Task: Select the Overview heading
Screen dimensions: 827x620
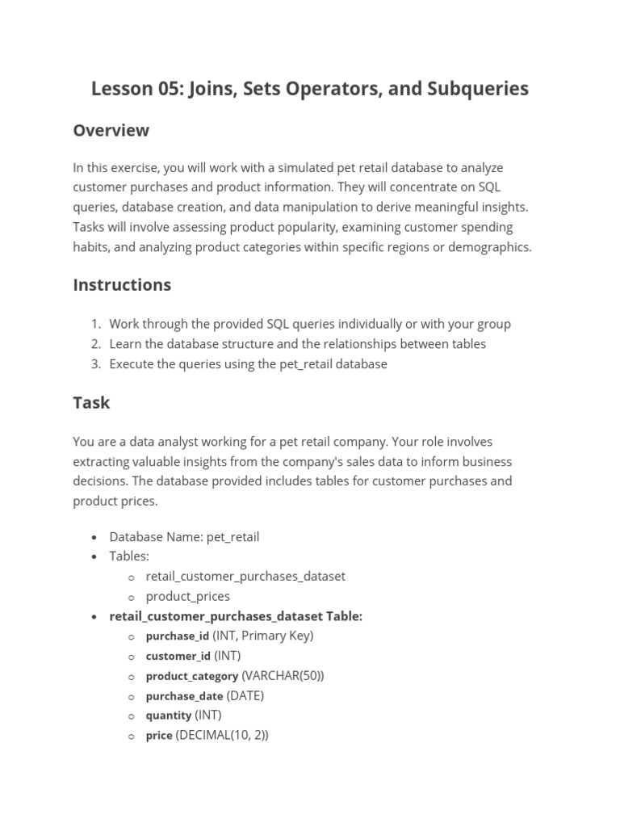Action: pyautogui.click(x=111, y=130)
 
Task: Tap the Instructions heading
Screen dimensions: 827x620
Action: pyautogui.click(x=122, y=284)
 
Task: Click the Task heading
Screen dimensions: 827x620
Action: pyautogui.click(x=91, y=402)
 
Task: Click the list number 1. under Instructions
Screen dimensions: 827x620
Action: pyautogui.click(x=95, y=324)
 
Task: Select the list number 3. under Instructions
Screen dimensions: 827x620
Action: pyautogui.click(x=95, y=363)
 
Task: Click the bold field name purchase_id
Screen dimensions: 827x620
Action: pyautogui.click(x=177, y=636)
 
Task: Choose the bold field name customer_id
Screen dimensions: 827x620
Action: pyautogui.click(x=178, y=656)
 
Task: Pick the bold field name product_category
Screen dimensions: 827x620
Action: pyautogui.click(x=191, y=676)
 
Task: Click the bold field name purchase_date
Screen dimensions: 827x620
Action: pyautogui.click(x=184, y=696)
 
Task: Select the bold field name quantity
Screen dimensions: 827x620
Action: pyautogui.click(x=168, y=716)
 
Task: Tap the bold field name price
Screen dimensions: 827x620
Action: pyautogui.click(x=159, y=736)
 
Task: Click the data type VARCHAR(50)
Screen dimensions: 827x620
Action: pyautogui.click(x=283, y=675)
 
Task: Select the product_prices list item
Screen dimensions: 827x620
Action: pyautogui.click(x=187, y=596)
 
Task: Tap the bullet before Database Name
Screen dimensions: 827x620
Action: pyautogui.click(x=94, y=537)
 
